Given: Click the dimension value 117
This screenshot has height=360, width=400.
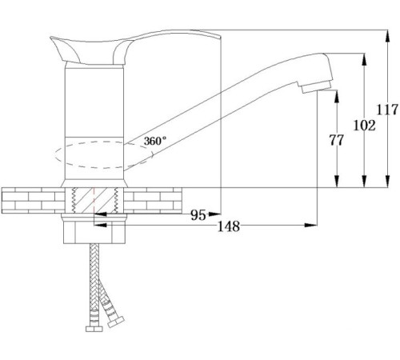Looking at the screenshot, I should pyautogui.click(x=387, y=110).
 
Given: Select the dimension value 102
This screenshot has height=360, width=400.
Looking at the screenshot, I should pyautogui.click(x=365, y=125).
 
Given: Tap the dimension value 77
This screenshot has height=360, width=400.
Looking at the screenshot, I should pyautogui.click(x=336, y=140).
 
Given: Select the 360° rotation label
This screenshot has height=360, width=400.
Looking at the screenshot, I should pyautogui.click(x=155, y=141).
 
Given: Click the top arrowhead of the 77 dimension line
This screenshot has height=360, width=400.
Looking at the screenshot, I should pyautogui.click(x=337, y=91).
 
